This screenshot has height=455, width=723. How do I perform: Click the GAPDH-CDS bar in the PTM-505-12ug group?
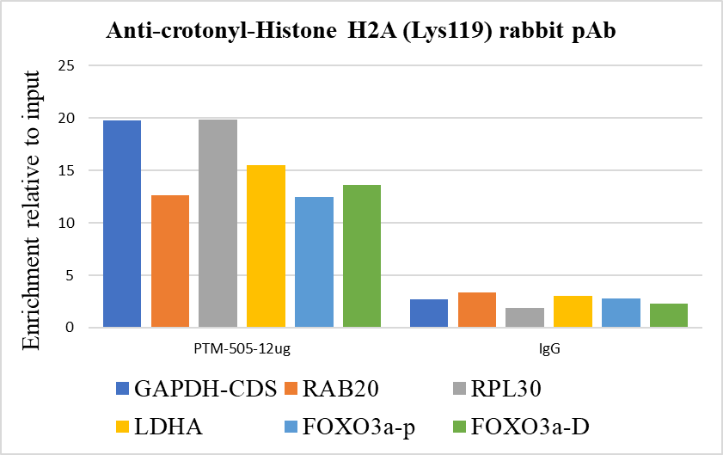pos(122,224)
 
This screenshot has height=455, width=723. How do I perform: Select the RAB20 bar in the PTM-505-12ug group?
pos(169,261)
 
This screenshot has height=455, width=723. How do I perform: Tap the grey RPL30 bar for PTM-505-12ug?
pos(218,224)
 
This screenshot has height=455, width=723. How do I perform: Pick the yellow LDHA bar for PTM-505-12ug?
pos(266,246)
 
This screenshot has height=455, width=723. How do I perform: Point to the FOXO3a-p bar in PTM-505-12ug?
pos(314,262)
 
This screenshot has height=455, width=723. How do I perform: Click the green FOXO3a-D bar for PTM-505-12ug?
pos(362,256)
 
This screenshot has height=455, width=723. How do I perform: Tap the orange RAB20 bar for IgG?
pos(477,311)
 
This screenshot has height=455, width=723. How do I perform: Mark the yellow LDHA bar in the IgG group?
pos(573,312)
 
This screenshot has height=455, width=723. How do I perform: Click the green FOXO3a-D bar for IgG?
pos(669,316)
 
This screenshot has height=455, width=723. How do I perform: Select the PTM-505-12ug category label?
pos(242,350)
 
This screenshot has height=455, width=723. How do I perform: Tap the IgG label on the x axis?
pos(549,350)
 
